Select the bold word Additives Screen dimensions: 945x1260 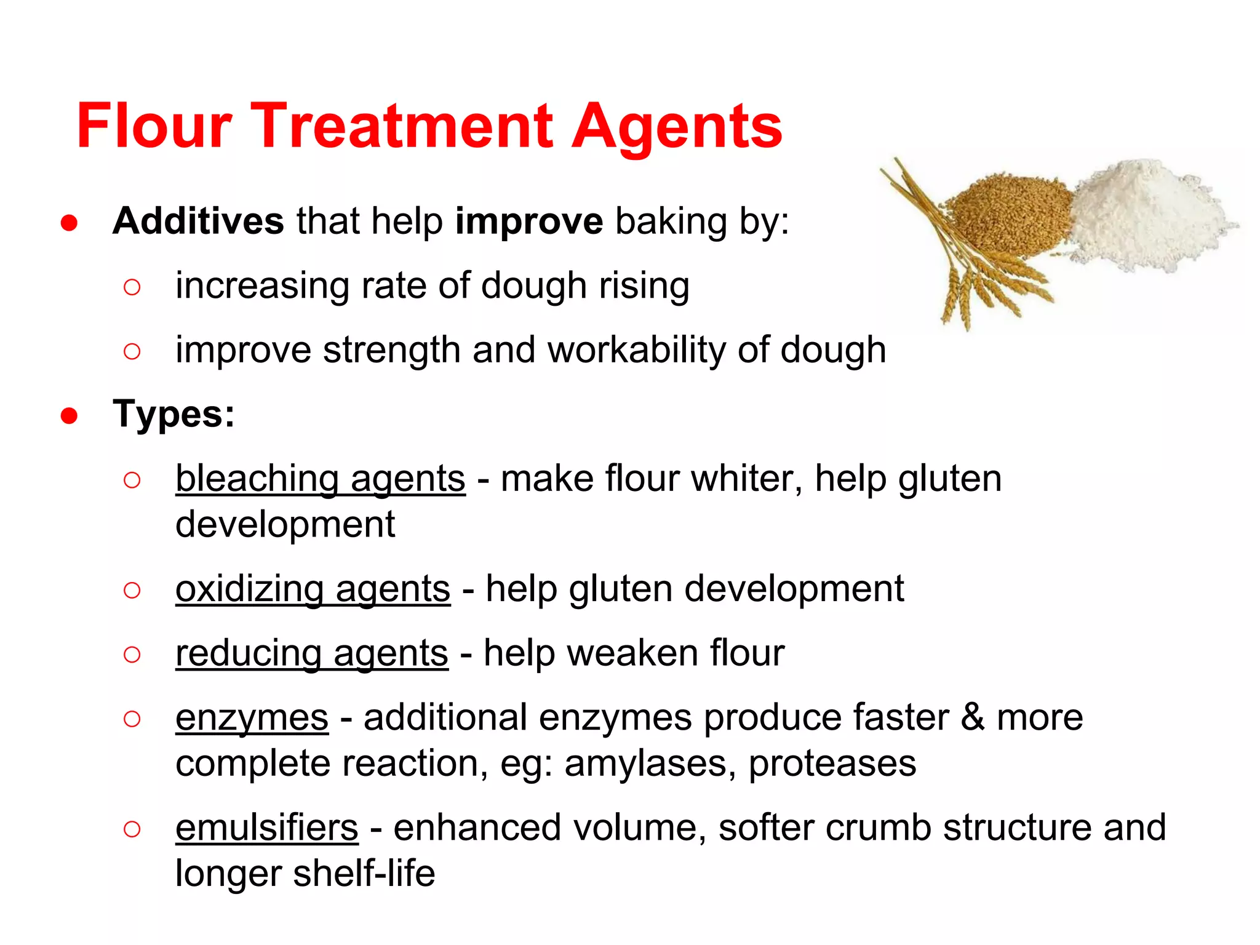(x=198, y=221)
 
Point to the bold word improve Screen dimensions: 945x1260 (x=529, y=222)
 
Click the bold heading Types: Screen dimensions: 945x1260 (x=174, y=414)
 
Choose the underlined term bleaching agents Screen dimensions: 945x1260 (x=321, y=479)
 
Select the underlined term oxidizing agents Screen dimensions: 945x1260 (x=313, y=589)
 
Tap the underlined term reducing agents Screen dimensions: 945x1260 (x=312, y=653)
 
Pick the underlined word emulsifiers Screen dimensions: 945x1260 (x=267, y=828)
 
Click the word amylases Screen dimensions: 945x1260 (x=646, y=764)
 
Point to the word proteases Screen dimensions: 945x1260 (x=832, y=764)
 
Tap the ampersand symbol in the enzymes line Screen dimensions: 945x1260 (x=973, y=717)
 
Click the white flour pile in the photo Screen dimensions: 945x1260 (x=1144, y=215)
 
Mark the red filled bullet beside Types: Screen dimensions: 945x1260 (x=69, y=416)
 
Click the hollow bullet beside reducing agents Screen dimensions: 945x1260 (x=132, y=654)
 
